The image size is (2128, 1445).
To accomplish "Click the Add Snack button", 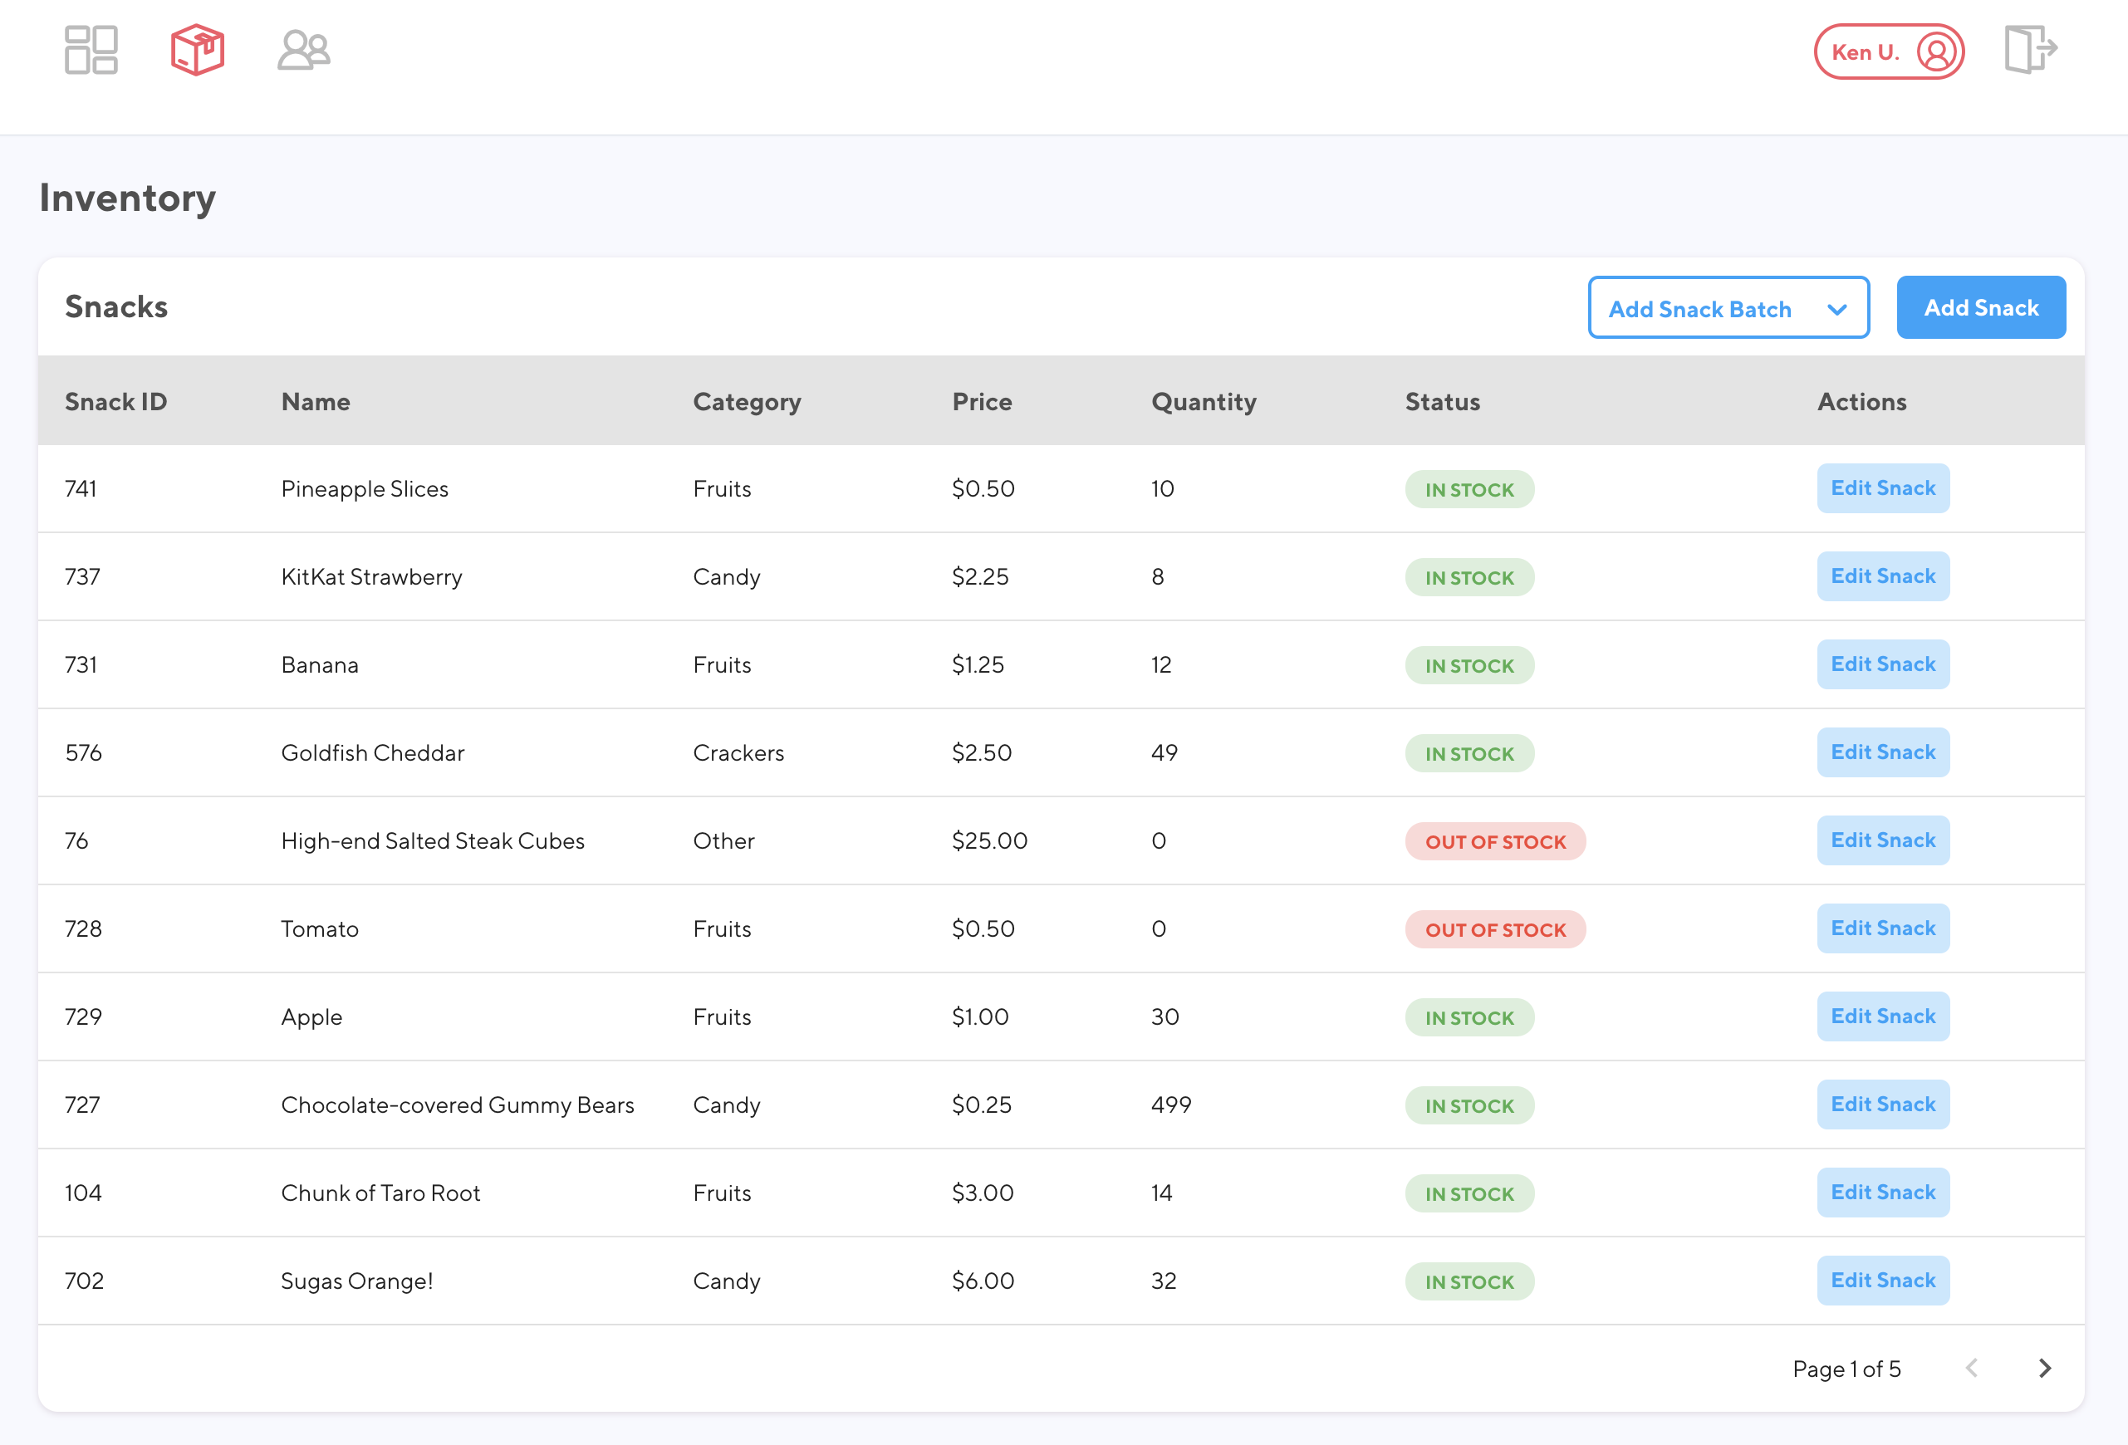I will [x=1981, y=307].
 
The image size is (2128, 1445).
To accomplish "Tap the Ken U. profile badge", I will [x=1888, y=51].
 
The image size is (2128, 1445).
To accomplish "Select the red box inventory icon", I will [x=197, y=50].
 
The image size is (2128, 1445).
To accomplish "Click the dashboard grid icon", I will [x=91, y=50].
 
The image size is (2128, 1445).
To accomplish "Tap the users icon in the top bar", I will [x=303, y=50].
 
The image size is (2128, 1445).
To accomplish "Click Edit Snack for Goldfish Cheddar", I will [x=1883, y=752].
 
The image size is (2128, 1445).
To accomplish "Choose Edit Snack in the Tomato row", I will [x=1883, y=928].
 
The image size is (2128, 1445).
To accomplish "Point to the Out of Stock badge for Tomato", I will [x=1494, y=929].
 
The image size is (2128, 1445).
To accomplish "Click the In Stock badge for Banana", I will [x=1469, y=666].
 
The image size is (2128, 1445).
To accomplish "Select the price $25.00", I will [x=989, y=840].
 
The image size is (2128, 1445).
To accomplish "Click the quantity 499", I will [x=1170, y=1105].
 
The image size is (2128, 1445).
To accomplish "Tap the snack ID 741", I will [x=81, y=489].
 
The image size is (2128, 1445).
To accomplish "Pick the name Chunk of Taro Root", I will [x=380, y=1193].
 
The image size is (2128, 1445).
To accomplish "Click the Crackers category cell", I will [x=738, y=752].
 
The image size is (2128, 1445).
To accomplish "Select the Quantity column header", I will [x=1204, y=402].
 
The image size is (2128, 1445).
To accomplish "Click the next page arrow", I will [x=2045, y=1368].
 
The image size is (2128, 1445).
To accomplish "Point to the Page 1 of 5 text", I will [x=1846, y=1369].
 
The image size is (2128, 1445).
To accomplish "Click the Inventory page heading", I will [x=127, y=198].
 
